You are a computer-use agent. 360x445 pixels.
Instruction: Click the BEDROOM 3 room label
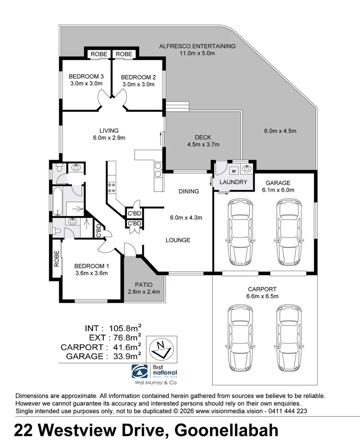coord(86,77)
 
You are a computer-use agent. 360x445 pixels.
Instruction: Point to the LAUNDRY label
coord(233,182)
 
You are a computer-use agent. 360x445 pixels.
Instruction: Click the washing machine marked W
coord(234,170)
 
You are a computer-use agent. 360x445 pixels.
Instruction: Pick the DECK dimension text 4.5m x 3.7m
coord(203,144)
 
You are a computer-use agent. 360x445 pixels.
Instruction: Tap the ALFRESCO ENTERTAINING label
coord(197,46)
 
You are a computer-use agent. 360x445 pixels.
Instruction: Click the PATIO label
coord(144,285)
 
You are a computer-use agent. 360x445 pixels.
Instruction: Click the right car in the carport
coord(287,338)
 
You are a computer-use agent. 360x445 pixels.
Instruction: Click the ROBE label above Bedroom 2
coord(124,54)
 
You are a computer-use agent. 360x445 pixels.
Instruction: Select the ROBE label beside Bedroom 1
coord(56,258)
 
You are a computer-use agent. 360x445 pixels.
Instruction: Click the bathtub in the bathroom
coord(58,201)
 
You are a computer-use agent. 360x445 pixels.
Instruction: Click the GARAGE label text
coord(278,183)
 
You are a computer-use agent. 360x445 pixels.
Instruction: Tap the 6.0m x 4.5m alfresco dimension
coord(280,131)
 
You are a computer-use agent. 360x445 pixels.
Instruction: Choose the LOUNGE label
coord(178,240)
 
